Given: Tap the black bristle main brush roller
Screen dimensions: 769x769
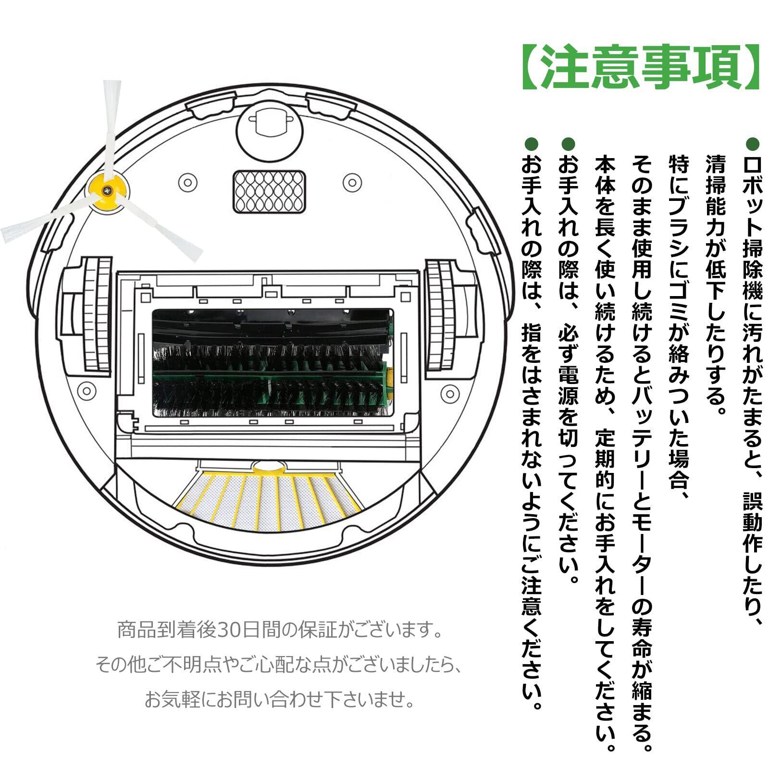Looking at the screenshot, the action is click(272, 363).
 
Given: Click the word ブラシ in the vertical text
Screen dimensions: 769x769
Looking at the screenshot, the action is click(678, 221).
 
